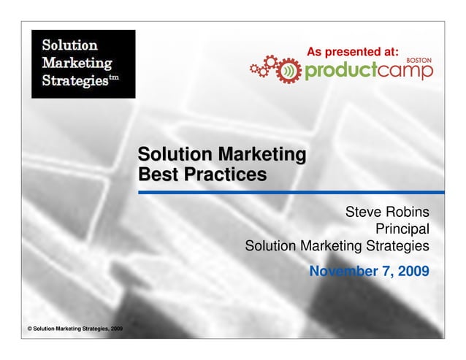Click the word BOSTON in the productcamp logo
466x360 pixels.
click(x=419, y=58)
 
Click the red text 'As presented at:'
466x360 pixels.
click(x=352, y=52)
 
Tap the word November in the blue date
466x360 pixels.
click(x=340, y=272)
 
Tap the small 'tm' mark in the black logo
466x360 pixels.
click(x=113, y=75)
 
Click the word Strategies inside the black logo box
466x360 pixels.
click(x=73, y=79)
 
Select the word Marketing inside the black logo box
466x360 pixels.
click(x=77, y=61)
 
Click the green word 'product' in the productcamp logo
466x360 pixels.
click(x=340, y=70)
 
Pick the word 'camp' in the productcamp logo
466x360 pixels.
click(x=406, y=70)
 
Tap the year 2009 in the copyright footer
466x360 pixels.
click(x=114, y=330)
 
